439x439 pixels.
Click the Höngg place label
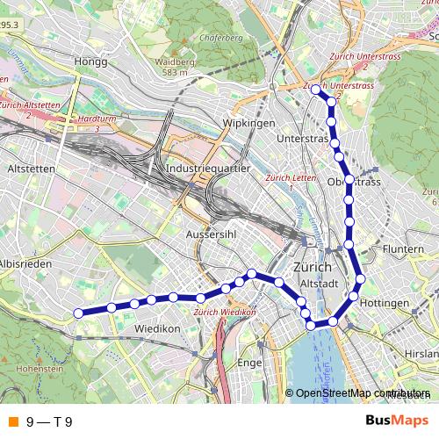(90, 62)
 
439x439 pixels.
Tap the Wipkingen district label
(249, 123)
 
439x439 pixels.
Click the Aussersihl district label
(208, 234)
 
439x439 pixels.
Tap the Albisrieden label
(26, 263)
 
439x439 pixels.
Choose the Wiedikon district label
(157, 328)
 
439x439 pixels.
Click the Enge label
(251, 361)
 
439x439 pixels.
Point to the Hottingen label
(384, 303)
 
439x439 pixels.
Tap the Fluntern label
(404, 249)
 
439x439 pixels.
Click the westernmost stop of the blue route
(77, 313)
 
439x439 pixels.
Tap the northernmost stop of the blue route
(316, 90)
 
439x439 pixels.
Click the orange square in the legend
(12, 422)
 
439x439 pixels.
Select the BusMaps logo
(396, 421)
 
